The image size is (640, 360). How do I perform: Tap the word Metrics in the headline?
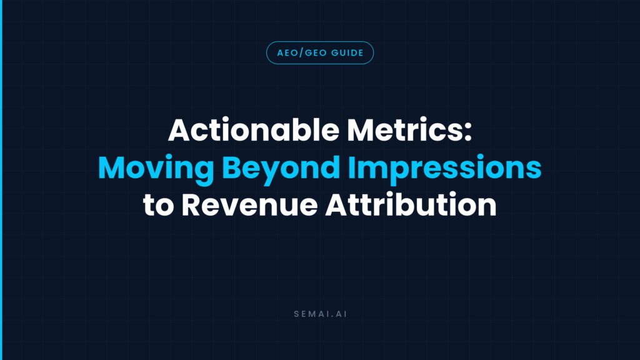point(404,130)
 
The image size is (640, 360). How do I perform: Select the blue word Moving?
point(156,168)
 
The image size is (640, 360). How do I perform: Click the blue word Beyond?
point(281,168)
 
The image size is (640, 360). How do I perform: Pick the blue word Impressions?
point(445,168)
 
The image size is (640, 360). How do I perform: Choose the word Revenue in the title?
point(249,204)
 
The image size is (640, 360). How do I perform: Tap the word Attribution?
point(411,204)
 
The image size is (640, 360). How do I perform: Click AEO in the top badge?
point(287,53)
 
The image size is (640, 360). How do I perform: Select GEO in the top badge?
point(316,53)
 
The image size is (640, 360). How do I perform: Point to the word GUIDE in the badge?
point(347,53)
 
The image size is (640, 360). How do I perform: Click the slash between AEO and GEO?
point(302,53)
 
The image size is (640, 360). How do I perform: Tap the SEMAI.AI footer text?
point(321,314)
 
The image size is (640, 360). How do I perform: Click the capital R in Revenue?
point(191,204)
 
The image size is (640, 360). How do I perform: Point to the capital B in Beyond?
point(231,167)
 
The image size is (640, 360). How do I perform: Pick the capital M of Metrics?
point(362,130)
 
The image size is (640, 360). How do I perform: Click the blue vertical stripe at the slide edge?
point(1,180)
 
